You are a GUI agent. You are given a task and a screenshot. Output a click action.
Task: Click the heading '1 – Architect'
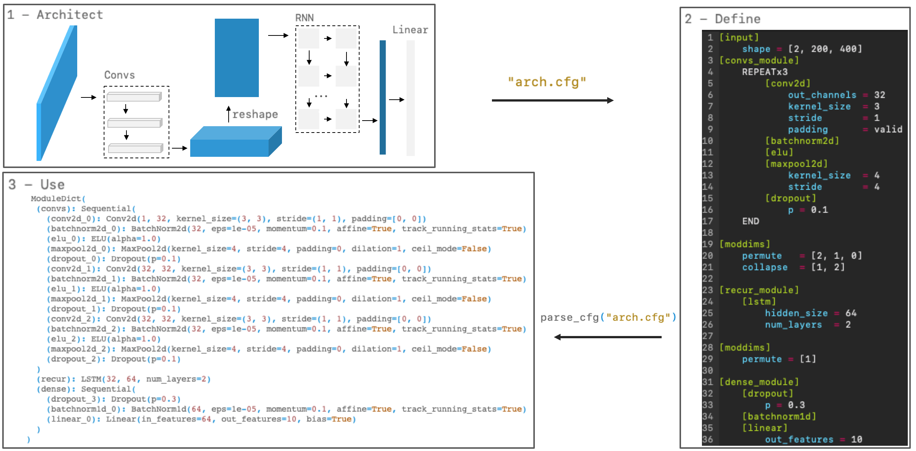click(55, 15)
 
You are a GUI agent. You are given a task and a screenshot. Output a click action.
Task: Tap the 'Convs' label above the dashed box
click(119, 75)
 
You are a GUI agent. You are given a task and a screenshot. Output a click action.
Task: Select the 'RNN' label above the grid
click(304, 18)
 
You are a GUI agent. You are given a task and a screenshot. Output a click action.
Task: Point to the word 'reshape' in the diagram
click(255, 114)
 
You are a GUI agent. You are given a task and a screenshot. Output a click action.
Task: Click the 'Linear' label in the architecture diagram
click(410, 30)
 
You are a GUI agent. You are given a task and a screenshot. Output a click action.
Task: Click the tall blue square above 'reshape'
click(236, 58)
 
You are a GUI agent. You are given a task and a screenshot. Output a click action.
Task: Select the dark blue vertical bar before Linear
click(383, 97)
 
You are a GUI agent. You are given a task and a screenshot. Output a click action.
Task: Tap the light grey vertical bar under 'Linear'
click(411, 98)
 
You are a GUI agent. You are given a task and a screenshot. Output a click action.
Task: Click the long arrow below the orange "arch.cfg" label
click(552, 100)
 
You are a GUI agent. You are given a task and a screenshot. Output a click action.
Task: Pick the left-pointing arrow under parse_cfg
click(608, 337)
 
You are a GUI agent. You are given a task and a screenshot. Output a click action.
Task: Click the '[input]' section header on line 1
click(739, 37)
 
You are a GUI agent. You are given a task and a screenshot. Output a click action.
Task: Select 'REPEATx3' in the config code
click(765, 72)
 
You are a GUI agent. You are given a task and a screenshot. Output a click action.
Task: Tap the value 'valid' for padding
click(888, 129)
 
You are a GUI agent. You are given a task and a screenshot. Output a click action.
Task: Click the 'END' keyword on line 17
click(750, 221)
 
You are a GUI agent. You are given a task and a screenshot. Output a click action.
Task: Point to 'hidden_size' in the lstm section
click(796, 313)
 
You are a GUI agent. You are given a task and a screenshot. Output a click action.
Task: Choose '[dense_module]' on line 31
click(759, 382)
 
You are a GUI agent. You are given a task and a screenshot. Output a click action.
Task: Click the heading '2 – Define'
click(722, 19)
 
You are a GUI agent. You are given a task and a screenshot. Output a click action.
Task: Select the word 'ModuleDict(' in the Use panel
click(58, 199)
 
